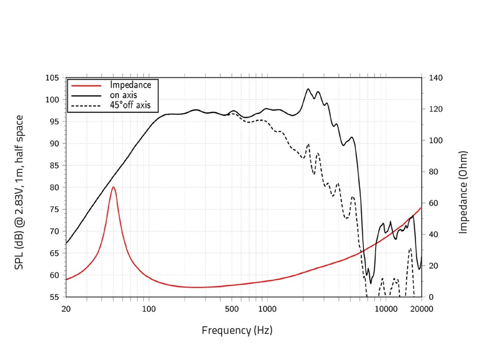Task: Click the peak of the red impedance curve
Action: [113, 187]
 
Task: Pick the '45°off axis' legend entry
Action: [131, 105]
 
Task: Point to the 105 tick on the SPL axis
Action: [53, 78]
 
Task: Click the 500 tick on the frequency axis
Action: [231, 309]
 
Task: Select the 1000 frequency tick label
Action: [267, 309]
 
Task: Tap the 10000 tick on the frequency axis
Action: [385, 309]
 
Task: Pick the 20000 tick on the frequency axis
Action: [421, 309]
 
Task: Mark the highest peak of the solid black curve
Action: [308, 89]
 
